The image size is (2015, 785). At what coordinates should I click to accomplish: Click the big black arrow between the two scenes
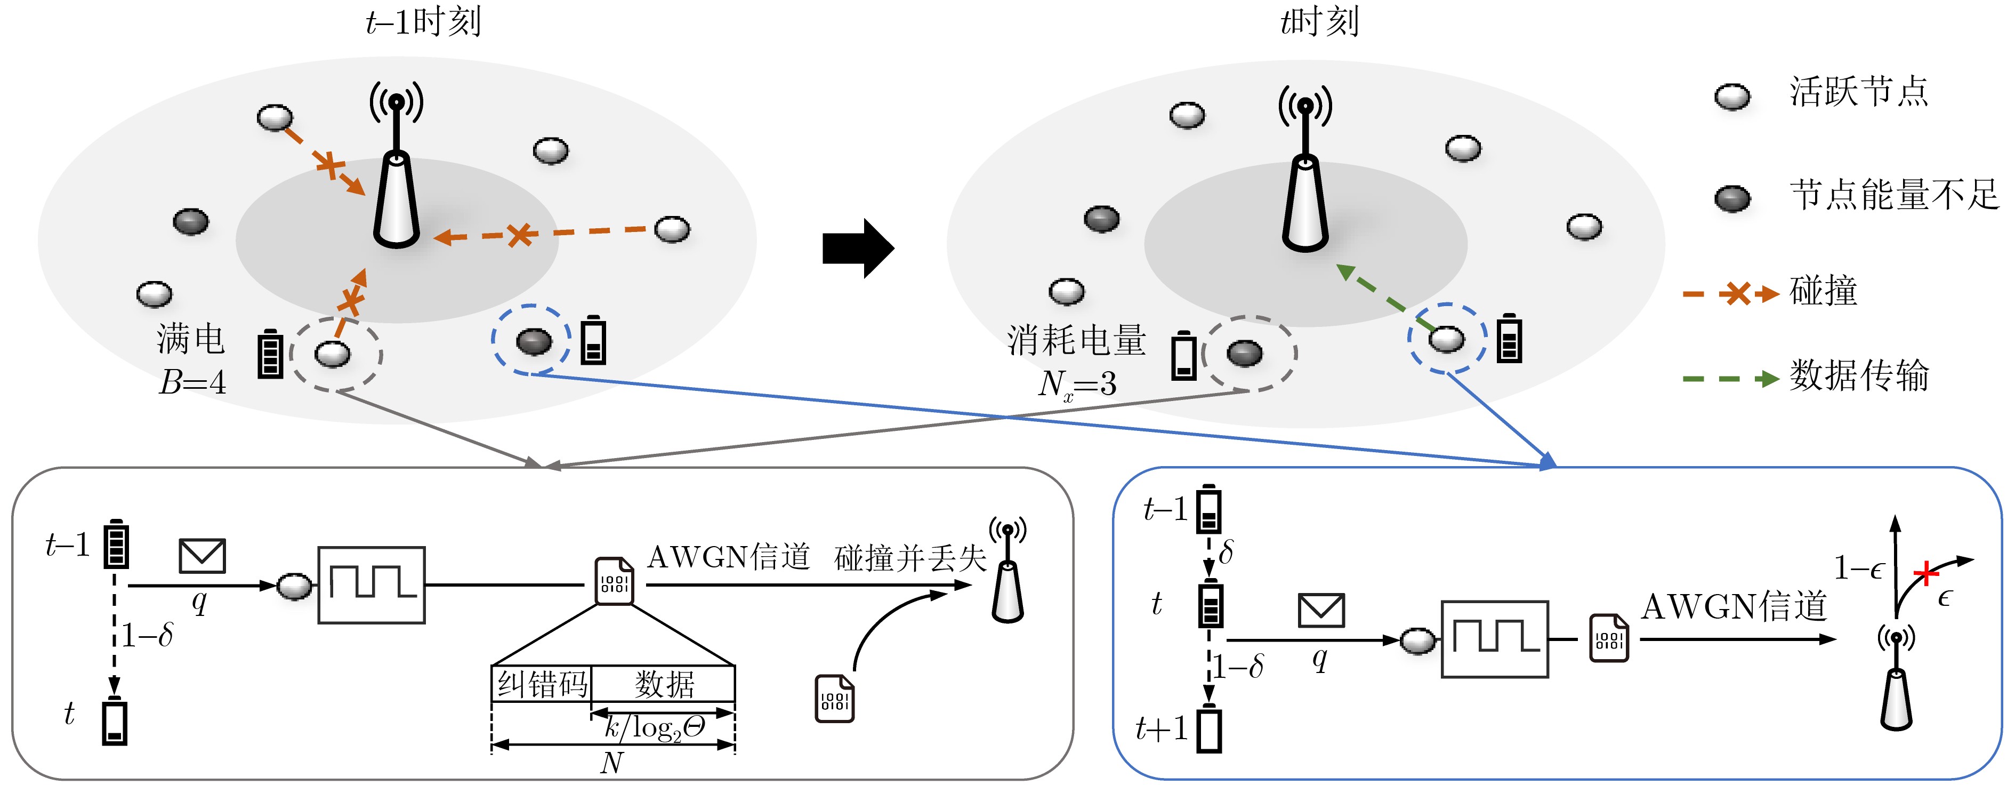857,248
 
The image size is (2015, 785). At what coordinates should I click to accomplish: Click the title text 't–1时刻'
423,21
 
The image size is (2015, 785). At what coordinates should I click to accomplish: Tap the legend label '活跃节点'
1859,92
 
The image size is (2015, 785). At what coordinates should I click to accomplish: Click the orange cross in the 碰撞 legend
1737,294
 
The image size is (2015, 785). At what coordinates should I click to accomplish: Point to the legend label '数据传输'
1859,375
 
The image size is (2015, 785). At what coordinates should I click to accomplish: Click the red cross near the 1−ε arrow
1926,574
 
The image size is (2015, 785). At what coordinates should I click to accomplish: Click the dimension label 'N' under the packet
612,762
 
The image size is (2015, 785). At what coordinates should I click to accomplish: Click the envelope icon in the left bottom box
202,556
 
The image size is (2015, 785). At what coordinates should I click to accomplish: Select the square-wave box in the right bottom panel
1495,639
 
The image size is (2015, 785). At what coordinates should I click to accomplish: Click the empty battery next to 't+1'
1208,730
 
